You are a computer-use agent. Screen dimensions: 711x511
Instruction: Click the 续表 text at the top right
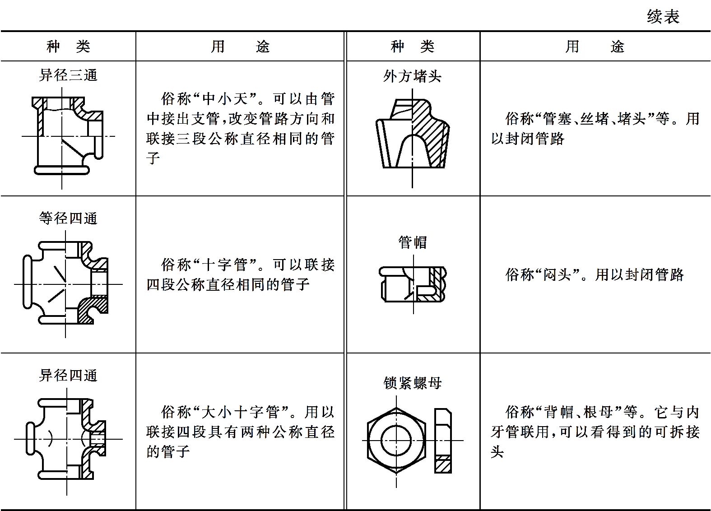(x=663, y=17)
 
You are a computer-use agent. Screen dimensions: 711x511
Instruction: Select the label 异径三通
(x=68, y=75)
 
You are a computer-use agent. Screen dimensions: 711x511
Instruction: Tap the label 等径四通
(x=68, y=218)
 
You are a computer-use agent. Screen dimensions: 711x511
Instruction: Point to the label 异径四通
(x=68, y=376)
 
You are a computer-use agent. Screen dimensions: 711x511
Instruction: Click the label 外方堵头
(x=412, y=76)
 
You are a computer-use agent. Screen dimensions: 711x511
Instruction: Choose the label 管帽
(x=413, y=242)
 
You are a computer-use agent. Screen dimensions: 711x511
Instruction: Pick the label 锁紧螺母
(x=412, y=383)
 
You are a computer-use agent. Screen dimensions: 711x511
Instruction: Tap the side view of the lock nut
(x=443, y=441)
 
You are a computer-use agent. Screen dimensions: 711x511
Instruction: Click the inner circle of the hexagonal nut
(x=381, y=441)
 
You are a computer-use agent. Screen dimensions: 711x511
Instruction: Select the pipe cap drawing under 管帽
(x=413, y=284)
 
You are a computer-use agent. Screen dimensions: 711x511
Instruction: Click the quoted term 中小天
(x=225, y=99)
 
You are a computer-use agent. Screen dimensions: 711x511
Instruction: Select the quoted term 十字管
(x=225, y=265)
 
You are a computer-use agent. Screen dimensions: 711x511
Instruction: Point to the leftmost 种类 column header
(x=68, y=46)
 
